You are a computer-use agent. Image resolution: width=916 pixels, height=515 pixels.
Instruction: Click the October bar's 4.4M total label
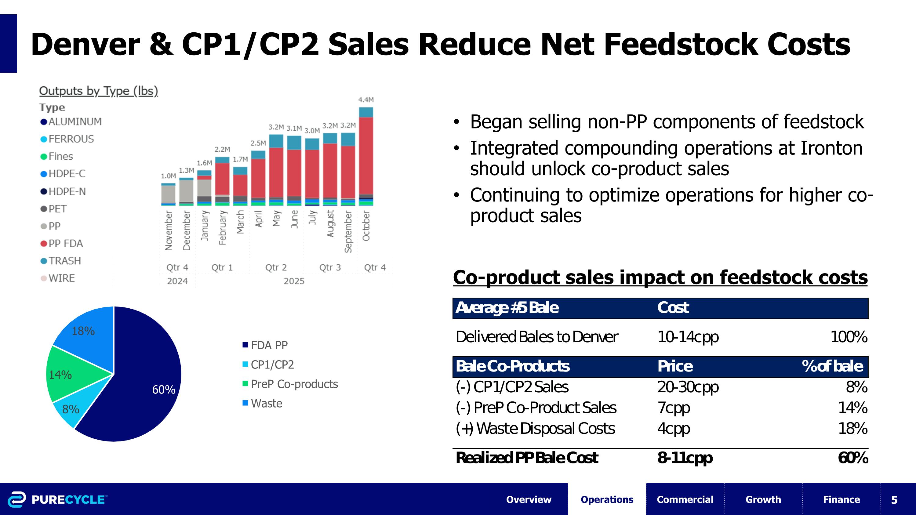pos(365,100)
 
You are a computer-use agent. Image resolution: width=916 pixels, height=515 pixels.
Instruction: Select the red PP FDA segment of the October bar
pos(366,155)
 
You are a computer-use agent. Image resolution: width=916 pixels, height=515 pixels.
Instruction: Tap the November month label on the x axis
pos(169,230)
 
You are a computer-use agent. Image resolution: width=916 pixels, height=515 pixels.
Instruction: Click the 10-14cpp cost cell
pos(688,337)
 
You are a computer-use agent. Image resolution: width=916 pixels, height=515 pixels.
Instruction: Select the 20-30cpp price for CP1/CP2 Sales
pos(688,387)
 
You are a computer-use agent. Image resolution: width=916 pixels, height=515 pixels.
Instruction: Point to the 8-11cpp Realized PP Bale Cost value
pos(685,458)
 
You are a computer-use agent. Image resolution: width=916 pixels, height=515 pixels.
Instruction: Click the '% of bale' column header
pos(832,366)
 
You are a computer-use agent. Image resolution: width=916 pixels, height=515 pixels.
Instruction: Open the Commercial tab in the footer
pos(685,499)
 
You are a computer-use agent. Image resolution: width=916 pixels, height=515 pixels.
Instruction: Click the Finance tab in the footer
pos(841,499)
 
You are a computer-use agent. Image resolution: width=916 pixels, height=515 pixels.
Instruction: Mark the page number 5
pos(894,500)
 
